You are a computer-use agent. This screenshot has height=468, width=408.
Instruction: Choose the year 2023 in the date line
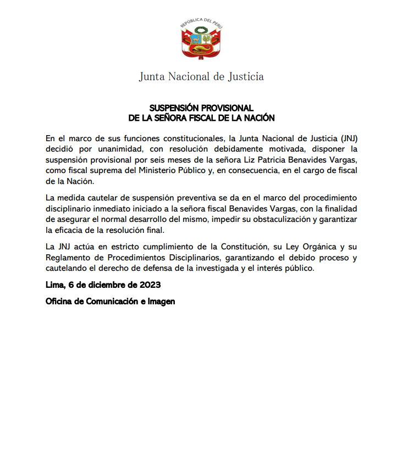pyautogui.click(x=151, y=286)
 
